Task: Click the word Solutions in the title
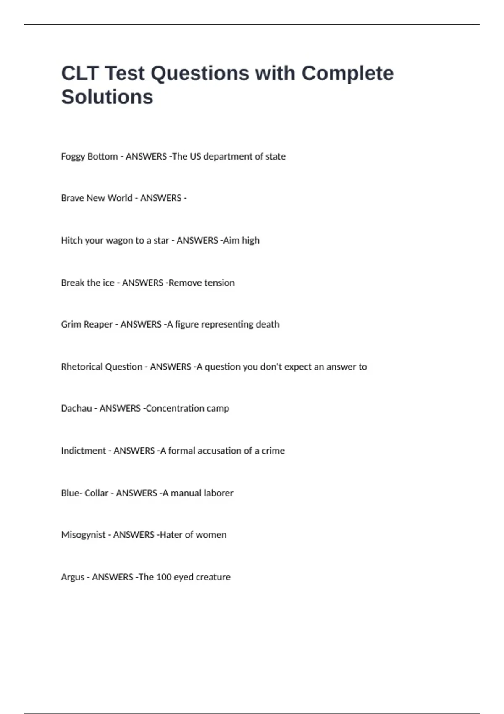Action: point(107,97)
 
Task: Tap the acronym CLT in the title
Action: point(79,73)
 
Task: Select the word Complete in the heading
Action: point(347,73)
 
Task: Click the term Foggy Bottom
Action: point(89,157)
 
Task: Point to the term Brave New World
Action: point(97,198)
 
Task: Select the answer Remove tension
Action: point(202,283)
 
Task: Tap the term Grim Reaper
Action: point(87,325)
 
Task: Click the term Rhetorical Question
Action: point(102,367)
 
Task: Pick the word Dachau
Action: point(76,408)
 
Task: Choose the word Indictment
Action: point(83,451)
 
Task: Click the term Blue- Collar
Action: point(84,493)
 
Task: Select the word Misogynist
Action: point(83,535)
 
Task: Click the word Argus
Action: point(73,577)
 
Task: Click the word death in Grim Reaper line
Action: point(268,324)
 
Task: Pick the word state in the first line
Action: point(275,157)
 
